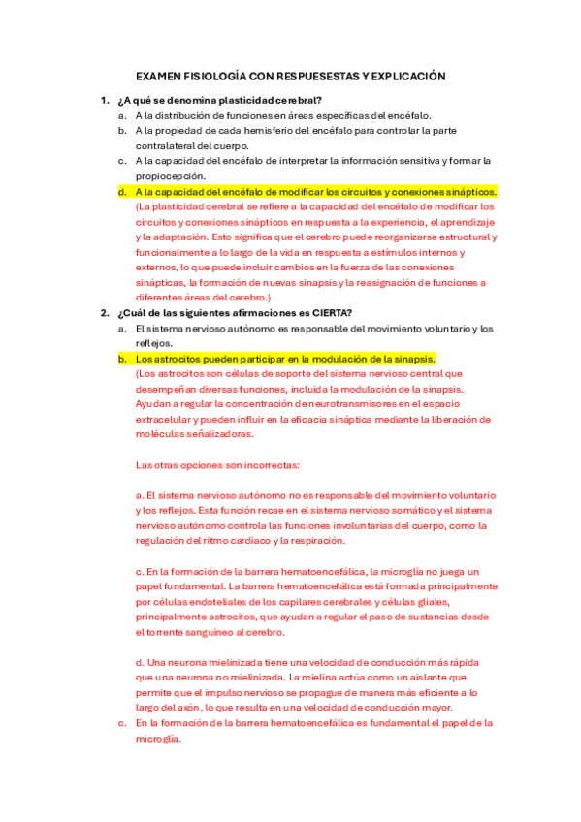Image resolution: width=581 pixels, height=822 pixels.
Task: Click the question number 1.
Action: (x=104, y=100)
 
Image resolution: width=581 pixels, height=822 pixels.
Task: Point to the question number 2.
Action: (x=104, y=312)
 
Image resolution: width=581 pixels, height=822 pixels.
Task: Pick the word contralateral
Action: (x=170, y=145)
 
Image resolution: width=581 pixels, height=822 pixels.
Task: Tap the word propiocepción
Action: (x=170, y=175)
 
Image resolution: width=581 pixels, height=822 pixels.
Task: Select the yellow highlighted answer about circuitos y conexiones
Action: (x=305, y=191)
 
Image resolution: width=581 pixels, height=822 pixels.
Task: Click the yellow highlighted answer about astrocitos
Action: (x=285, y=359)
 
